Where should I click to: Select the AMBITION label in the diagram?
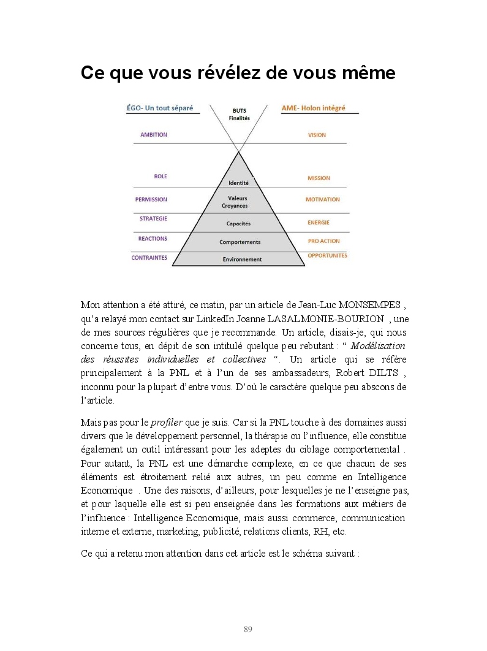(153, 135)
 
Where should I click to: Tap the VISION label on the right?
(317, 135)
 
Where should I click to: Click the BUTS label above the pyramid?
(239, 111)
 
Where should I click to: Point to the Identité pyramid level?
(238, 183)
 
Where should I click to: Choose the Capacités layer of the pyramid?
(238, 224)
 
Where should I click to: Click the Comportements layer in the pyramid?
(240, 242)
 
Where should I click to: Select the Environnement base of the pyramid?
(242, 259)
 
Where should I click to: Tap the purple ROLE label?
(160, 176)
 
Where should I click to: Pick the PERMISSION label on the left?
(151, 199)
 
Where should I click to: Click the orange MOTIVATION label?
(323, 200)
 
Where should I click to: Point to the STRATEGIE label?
(153, 218)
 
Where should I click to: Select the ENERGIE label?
(319, 223)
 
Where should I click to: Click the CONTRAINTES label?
(149, 258)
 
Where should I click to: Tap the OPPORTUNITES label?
(327, 255)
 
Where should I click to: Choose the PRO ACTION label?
(323, 241)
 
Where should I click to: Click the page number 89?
(248, 629)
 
